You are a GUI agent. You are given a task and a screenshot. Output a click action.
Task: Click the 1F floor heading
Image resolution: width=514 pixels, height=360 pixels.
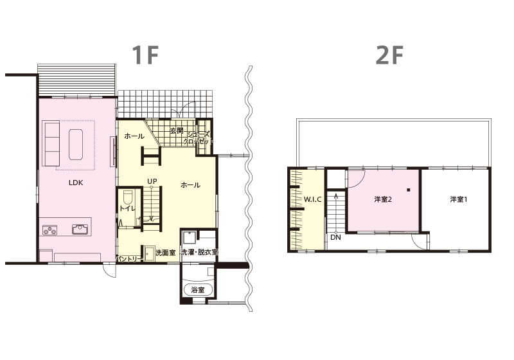click(146, 55)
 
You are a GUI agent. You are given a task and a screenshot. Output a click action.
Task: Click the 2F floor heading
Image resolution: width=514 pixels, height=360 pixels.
click(389, 55)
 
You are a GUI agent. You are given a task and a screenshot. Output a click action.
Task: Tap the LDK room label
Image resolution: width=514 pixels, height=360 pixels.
click(76, 183)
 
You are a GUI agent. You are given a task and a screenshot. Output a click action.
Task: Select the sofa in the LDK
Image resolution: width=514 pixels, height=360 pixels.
click(51, 143)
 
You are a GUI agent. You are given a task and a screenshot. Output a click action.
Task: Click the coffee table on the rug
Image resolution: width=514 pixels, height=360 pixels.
click(76, 144)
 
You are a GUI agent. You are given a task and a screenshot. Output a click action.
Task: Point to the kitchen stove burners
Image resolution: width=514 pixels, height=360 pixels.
click(50, 230)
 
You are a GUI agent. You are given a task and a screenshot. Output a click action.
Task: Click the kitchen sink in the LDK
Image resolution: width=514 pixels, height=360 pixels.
click(80, 230)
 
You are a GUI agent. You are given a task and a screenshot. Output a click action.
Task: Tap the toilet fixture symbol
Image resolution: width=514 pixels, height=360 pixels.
click(127, 197)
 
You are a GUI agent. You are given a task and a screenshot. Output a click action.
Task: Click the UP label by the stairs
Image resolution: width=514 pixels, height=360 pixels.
click(152, 181)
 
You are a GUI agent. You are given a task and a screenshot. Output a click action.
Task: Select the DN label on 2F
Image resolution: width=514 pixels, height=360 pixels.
click(335, 237)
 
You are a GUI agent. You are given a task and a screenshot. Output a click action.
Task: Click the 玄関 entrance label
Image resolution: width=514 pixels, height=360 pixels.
click(177, 131)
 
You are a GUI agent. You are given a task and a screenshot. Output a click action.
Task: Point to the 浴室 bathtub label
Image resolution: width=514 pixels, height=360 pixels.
click(198, 290)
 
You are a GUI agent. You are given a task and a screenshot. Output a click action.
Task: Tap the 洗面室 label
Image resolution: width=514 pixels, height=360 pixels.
click(166, 253)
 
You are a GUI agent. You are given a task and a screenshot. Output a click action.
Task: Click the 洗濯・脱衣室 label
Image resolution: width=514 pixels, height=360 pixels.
click(200, 253)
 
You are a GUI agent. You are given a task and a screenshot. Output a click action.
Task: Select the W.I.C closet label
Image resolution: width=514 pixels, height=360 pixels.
click(312, 199)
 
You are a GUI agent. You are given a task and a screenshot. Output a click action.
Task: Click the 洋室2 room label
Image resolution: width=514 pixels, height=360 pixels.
click(383, 199)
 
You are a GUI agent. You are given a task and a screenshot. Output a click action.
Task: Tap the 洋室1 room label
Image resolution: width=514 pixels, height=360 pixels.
click(458, 199)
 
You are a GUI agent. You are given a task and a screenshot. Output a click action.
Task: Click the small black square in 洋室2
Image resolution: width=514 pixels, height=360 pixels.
click(409, 190)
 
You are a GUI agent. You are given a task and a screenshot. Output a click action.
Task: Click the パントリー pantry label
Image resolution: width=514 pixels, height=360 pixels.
click(129, 259)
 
